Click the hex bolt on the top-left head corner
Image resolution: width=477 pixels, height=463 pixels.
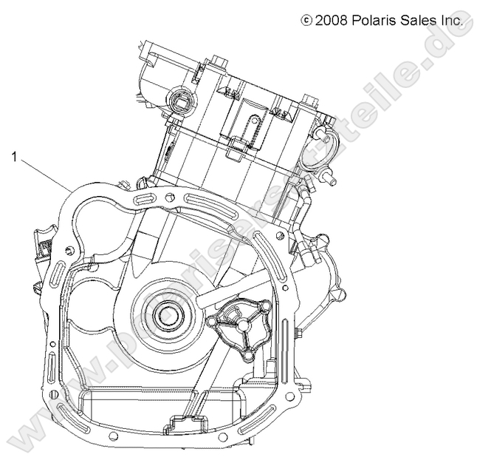219,60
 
